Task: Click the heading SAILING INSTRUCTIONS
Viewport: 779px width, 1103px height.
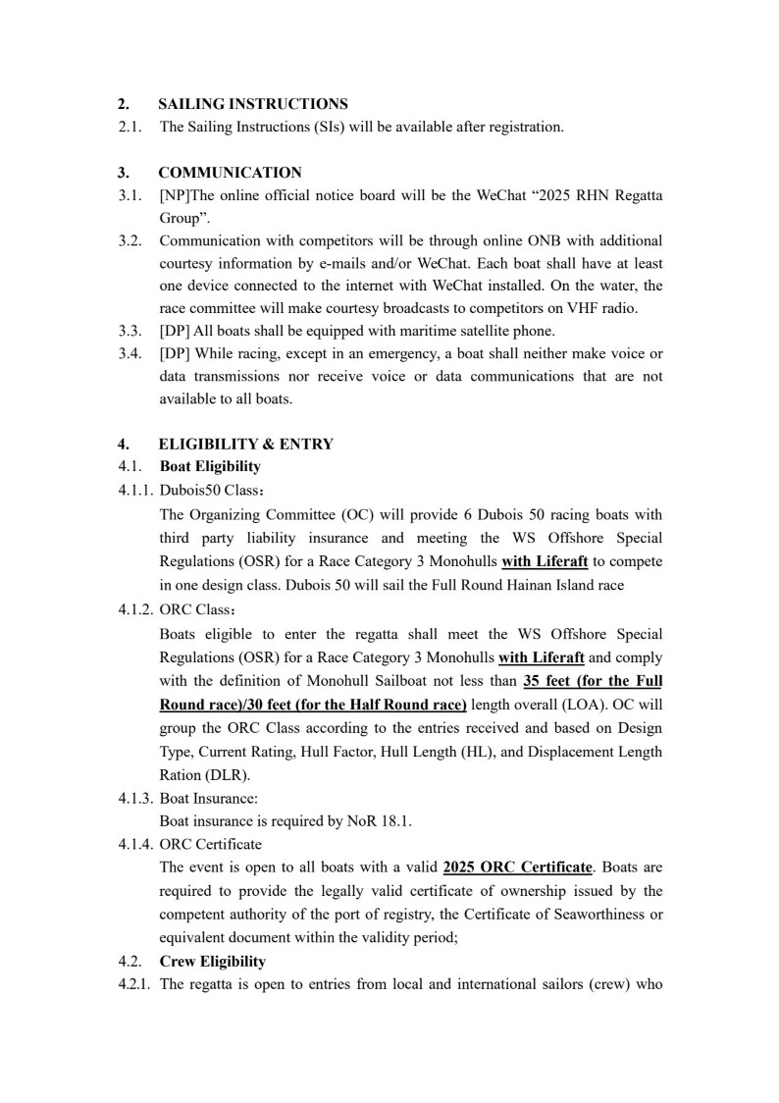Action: (252, 104)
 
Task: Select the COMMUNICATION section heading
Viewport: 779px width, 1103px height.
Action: (230, 173)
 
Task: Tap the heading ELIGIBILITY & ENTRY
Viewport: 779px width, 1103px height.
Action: (245, 444)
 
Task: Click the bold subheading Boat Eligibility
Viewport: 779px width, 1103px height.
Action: (210, 466)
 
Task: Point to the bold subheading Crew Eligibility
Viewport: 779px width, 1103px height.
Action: (212, 962)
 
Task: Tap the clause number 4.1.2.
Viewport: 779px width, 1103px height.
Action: (135, 609)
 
